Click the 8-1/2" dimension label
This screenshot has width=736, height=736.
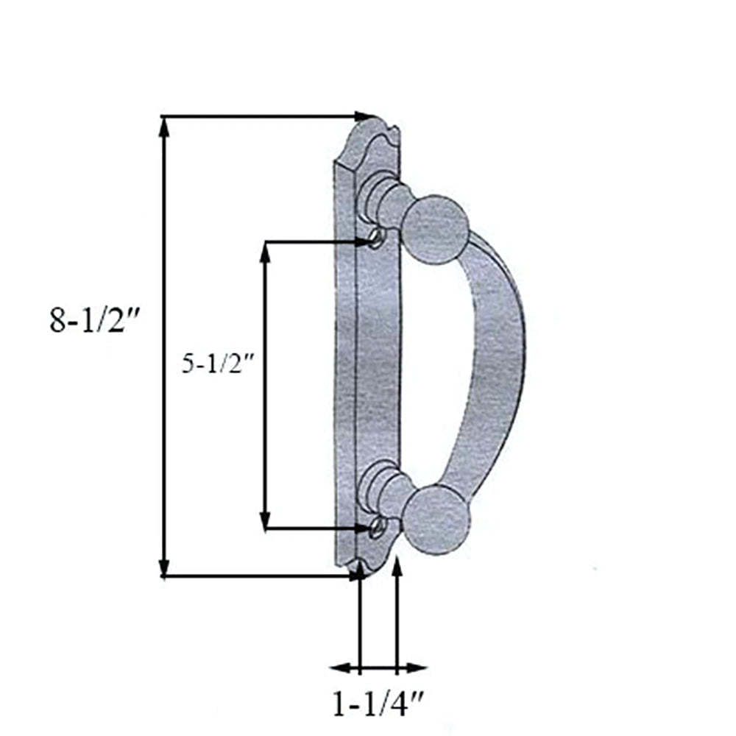94,322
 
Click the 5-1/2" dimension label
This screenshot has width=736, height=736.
218,364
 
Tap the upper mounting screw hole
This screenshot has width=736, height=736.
376,237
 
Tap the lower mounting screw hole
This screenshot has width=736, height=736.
377,525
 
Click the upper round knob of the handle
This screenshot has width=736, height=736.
436,229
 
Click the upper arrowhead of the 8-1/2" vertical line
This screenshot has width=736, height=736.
164,127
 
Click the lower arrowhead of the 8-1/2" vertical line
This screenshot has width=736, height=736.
164,567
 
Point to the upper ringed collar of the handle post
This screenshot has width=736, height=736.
383,194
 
